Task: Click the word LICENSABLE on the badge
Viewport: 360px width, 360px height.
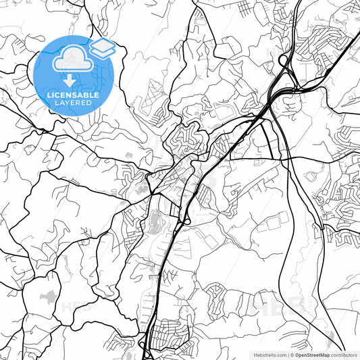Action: [73, 95]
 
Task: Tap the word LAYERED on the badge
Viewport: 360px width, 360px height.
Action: [73, 103]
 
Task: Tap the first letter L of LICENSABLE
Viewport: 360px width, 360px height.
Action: [48, 95]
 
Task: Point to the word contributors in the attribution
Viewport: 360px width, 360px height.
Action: [344, 355]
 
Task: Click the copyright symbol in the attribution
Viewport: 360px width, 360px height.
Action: [292, 355]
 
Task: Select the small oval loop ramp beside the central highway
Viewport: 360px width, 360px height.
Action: [186, 220]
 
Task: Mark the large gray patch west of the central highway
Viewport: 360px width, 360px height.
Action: [155, 220]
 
